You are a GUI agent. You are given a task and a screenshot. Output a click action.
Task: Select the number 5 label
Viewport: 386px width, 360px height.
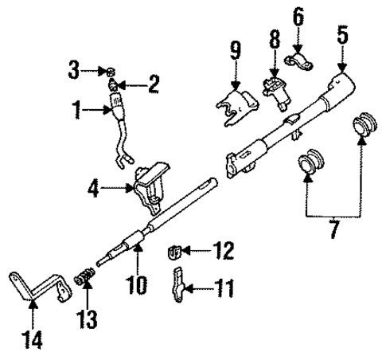click(342, 35)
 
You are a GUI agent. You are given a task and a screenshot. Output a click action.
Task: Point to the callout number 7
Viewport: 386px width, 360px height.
click(333, 231)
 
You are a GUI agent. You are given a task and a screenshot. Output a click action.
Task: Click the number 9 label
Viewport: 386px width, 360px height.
click(236, 51)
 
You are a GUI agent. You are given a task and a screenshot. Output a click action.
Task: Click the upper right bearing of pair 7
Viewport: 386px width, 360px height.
click(364, 129)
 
